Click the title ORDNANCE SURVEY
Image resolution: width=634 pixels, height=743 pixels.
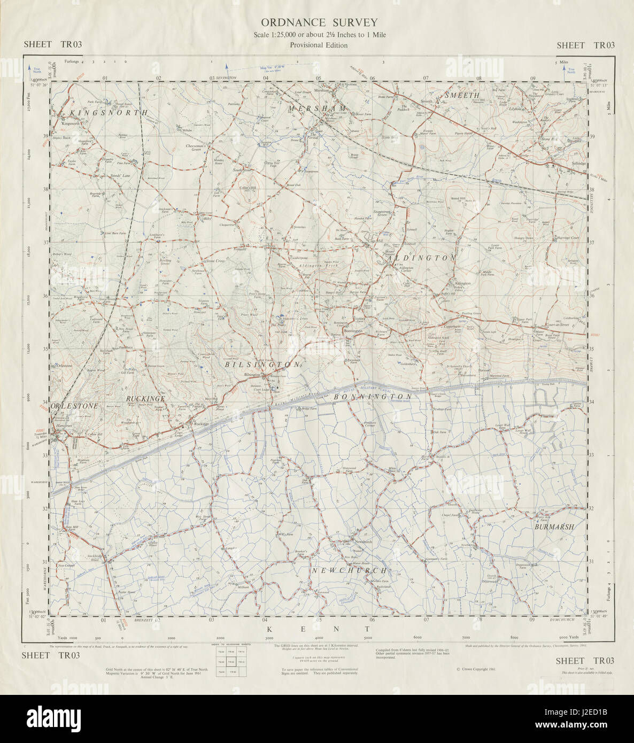(x=319, y=22)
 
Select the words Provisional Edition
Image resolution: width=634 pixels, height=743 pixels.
(x=319, y=45)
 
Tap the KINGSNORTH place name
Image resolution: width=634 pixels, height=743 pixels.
(x=101, y=113)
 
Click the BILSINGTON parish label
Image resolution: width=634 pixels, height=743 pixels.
(x=262, y=364)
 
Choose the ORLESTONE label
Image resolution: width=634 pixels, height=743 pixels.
(x=75, y=406)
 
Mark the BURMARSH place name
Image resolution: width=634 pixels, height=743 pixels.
(x=554, y=527)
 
